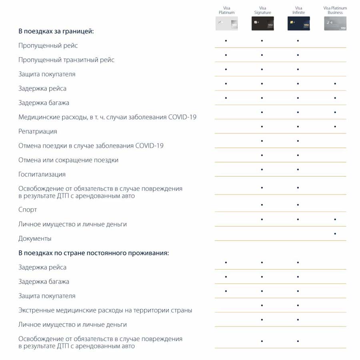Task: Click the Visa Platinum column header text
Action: point(226,10)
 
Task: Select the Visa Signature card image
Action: point(262,24)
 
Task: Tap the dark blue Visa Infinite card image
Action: point(298,24)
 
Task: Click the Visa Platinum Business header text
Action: point(335,10)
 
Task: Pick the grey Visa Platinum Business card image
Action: point(335,24)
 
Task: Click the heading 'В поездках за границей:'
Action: point(56,31)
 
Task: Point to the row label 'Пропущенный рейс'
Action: point(48,46)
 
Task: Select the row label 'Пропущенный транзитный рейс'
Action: point(66,60)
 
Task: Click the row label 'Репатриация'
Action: point(38,132)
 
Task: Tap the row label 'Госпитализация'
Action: point(42,174)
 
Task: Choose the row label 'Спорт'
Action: point(28,210)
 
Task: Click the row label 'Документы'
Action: point(35,239)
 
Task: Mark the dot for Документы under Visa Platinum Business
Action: point(335,234)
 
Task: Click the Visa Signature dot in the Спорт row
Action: point(262,205)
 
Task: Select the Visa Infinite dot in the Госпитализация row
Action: point(298,170)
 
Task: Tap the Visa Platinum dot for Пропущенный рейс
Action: point(226,41)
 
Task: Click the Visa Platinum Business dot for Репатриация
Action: point(335,127)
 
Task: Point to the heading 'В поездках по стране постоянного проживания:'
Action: point(94,253)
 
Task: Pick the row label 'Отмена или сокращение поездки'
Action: point(68,160)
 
